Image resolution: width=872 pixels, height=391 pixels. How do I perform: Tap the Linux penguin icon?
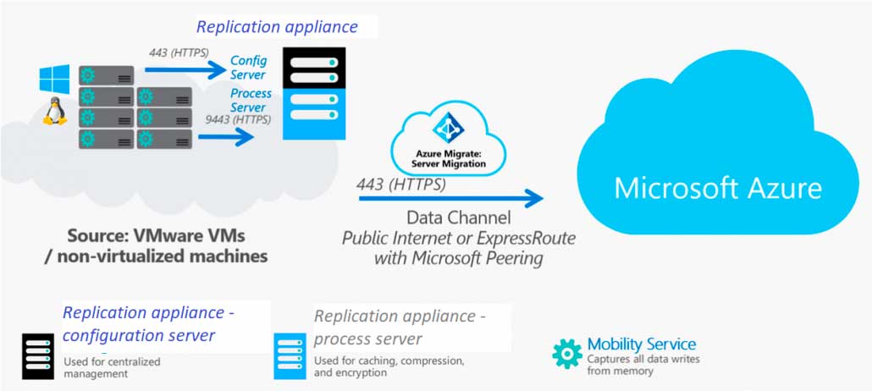[55, 111]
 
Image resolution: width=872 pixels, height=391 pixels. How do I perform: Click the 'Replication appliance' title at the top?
[277, 26]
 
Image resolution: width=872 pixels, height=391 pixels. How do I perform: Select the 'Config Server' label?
[248, 68]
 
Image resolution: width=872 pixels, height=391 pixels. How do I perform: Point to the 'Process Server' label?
[251, 100]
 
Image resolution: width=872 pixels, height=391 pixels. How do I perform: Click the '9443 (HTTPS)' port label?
[239, 119]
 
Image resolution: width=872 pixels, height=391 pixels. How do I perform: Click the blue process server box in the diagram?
[314, 114]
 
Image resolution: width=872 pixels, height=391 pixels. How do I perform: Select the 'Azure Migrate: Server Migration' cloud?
[449, 144]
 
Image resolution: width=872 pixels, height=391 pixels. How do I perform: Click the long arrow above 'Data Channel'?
[450, 199]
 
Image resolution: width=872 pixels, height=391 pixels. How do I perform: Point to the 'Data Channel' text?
[458, 218]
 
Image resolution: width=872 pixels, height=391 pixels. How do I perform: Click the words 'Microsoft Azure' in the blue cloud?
[717, 186]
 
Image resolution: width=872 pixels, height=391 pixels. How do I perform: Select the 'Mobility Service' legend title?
[642, 344]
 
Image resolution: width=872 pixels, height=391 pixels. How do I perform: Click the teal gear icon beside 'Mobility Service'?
[567, 353]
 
